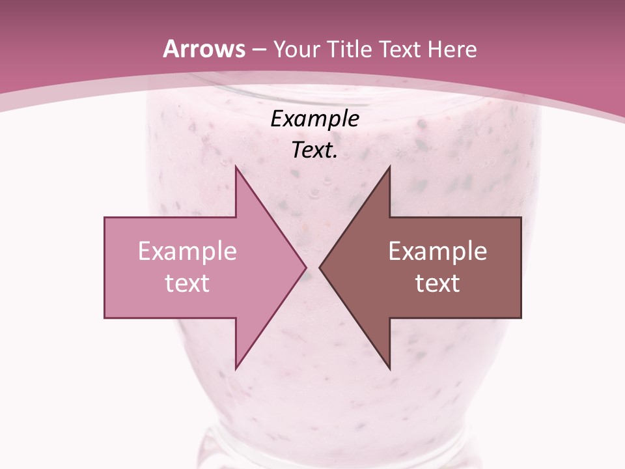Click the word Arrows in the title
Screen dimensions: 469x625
[x=204, y=49]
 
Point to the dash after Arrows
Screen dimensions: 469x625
[x=259, y=50]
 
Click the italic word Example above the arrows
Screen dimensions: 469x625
[x=314, y=119]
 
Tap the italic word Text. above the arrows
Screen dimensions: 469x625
[x=314, y=150]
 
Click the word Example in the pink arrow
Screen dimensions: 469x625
[x=187, y=251]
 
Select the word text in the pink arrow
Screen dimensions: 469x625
[x=187, y=283]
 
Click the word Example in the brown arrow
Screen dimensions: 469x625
[x=437, y=251]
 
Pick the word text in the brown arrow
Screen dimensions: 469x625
[x=437, y=283]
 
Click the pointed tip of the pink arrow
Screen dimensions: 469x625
[x=305, y=267]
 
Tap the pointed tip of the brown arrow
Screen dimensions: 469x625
[x=321, y=267]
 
